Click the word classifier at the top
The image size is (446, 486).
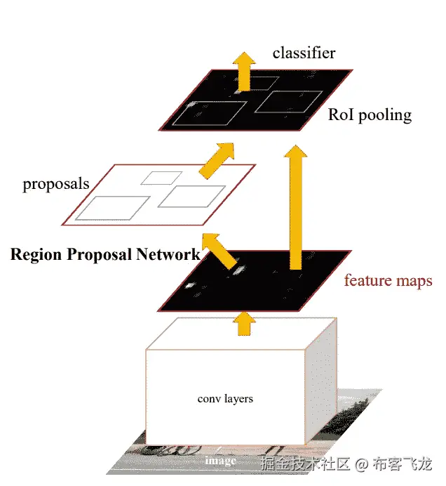(x=304, y=53)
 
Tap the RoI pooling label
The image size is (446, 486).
(x=370, y=115)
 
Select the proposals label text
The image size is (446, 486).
(x=56, y=184)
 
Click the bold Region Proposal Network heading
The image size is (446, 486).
(x=105, y=254)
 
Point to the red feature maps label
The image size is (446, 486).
(x=388, y=280)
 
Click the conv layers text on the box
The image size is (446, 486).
(x=225, y=399)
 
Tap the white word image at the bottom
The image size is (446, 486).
(x=220, y=461)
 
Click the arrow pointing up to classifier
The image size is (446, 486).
(x=243, y=68)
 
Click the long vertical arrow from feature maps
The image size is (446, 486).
(x=296, y=207)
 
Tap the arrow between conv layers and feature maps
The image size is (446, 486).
(x=244, y=322)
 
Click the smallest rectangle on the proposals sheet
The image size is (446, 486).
(x=161, y=178)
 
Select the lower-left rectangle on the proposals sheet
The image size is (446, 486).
(x=112, y=209)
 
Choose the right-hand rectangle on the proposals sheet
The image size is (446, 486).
(x=191, y=196)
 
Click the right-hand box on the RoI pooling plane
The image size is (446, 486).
(x=287, y=102)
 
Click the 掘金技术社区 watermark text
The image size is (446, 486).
(x=304, y=464)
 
